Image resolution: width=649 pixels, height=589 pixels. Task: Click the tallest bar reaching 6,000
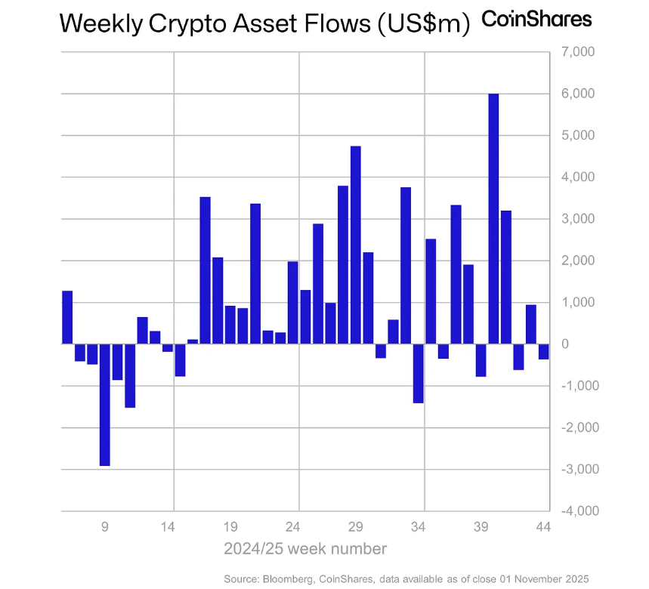(493, 219)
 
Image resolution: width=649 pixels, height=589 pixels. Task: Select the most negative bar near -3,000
(104, 405)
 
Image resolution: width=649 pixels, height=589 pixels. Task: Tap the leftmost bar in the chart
(67, 317)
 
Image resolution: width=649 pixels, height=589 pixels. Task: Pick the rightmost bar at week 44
(543, 351)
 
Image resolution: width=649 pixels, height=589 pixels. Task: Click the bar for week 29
(356, 245)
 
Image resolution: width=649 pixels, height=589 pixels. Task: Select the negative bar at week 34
(419, 373)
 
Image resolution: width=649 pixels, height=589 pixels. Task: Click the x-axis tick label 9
(105, 526)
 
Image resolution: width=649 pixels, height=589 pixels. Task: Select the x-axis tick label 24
(295, 526)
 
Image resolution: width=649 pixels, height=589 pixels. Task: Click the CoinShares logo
(536, 19)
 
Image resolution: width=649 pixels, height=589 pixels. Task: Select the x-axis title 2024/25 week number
(305, 548)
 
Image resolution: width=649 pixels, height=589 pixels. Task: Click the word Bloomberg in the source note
(291, 578)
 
